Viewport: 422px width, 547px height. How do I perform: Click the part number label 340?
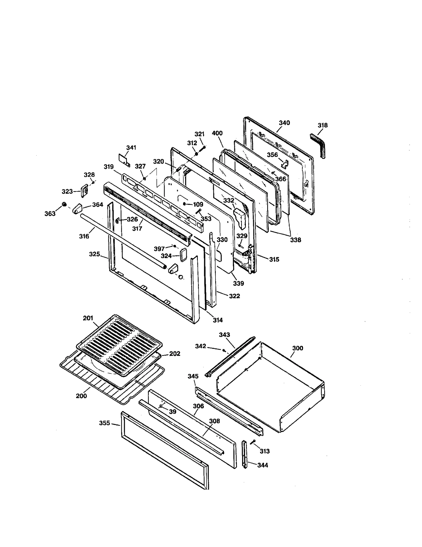[x=284, y=123]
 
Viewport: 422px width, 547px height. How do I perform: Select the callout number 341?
[x=131, y=148]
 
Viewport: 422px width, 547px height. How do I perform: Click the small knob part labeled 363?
[x=64, y=204]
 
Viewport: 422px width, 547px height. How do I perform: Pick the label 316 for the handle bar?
[x=84, y=236]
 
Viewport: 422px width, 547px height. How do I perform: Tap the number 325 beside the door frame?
[x=94, y=254]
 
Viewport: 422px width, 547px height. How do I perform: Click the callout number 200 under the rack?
[x=81, y=396]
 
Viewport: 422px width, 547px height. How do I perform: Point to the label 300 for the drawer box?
[x=298, y=348]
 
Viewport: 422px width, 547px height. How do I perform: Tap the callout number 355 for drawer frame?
[x=104, y=423]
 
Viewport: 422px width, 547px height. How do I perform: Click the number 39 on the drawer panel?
[x=172, y=412]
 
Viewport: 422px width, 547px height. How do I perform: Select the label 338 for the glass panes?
[x=295, y=240]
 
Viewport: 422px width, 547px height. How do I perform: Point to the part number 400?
[x=217, y=133]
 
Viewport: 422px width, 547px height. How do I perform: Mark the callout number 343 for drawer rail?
[x=224, y=335]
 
